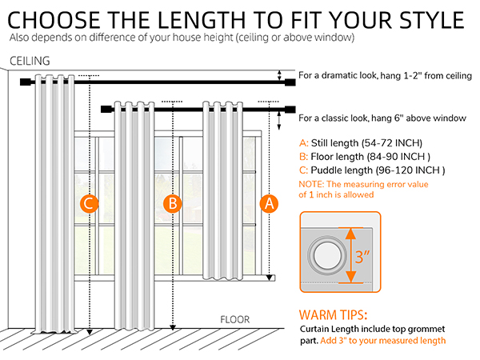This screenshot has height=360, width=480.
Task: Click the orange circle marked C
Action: (89, 203)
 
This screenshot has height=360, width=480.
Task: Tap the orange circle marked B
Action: (173, 203)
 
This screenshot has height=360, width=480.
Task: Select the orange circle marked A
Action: (269, 203)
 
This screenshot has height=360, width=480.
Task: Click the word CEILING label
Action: (30, 61)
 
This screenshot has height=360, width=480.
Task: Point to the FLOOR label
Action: (234, 319)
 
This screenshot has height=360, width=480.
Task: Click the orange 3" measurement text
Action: (362, 257)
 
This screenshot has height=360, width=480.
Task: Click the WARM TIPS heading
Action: (333, 315)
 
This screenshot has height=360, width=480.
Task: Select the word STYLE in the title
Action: (432, 20)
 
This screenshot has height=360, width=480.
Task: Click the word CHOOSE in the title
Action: (54, 20)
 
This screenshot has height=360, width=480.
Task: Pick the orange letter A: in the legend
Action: (304, 143)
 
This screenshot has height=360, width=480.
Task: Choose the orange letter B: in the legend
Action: (303, 157)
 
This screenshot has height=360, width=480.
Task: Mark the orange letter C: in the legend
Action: (303, 170)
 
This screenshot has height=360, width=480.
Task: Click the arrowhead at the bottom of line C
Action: (90, 332)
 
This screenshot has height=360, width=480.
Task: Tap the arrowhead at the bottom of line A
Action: (269, 278)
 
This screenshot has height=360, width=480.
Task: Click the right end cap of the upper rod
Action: (290, 82)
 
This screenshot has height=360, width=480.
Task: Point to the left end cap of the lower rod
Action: (106, 109)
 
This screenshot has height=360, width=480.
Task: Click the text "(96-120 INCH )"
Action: (410, 170)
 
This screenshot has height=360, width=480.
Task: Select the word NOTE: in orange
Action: (311, 184)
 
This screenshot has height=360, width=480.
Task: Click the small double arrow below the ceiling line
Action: (279, 75)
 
